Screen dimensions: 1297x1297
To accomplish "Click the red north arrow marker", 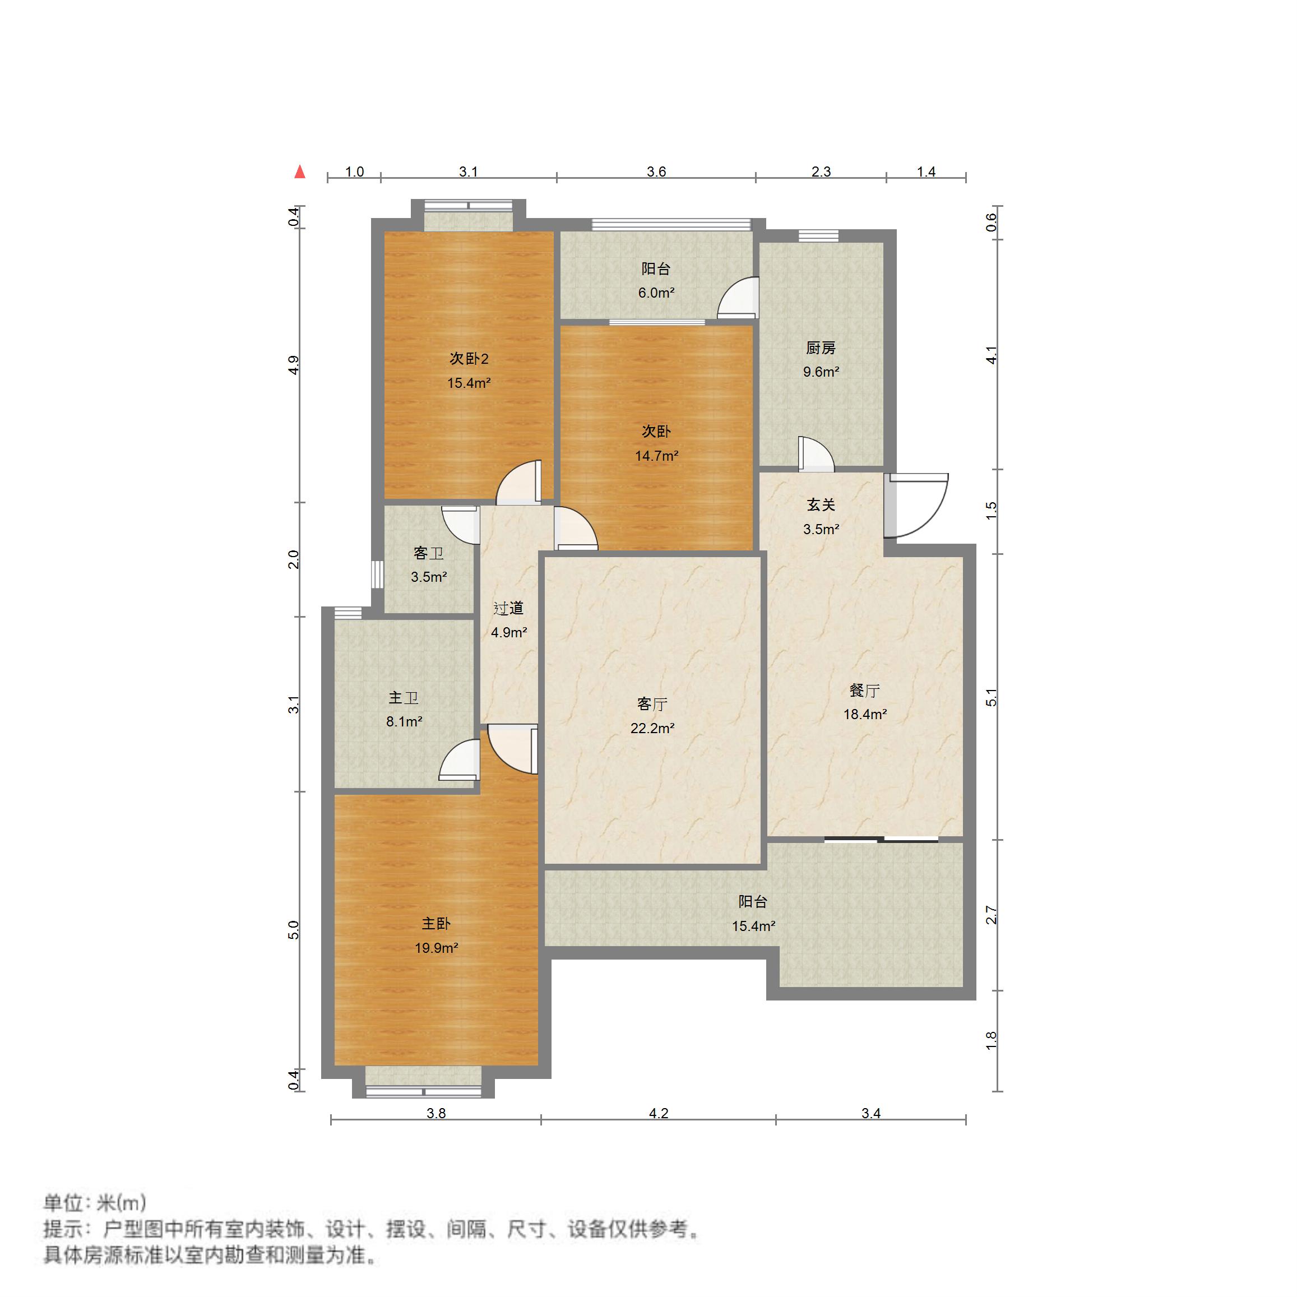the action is coord(299,172).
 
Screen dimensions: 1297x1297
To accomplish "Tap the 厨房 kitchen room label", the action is coord(821,348).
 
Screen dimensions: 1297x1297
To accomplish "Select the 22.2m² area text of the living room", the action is coord(652,728).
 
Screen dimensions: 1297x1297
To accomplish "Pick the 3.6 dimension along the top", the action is coord(656,172).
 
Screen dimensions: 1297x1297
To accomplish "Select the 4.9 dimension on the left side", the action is coord(293,365).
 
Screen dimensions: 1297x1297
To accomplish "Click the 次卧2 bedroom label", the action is coord(469,359).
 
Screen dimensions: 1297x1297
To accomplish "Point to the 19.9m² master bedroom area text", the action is coord(437,948).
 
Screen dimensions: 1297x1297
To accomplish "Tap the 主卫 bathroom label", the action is coord(404,697).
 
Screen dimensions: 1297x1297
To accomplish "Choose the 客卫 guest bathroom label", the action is coord(428,553).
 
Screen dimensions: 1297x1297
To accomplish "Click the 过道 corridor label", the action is coord(508,608).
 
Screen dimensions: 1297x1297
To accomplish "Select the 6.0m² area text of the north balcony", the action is coord(656,293).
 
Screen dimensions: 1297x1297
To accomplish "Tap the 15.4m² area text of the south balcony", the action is coord(753,927).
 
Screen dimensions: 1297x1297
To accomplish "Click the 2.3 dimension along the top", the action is coord(821,172).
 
